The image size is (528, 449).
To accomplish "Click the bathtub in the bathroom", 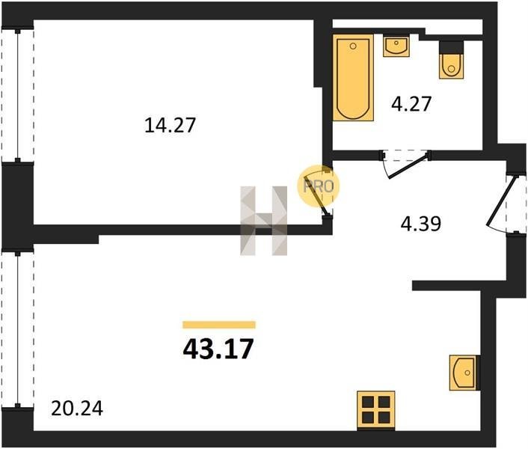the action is point(353,78).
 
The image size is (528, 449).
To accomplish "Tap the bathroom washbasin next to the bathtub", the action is point(396,46).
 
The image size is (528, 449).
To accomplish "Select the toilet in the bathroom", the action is point(451,66).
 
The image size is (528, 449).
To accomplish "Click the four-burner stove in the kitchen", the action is point(376,409).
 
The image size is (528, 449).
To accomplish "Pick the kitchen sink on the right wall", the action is point(464,373).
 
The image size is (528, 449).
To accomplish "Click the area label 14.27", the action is point(170,125).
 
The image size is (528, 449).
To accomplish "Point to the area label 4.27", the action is point(411,104).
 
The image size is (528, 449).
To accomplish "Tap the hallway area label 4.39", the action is point(420,224).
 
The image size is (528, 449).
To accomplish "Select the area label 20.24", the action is point(77,409).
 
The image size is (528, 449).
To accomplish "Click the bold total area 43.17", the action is point(218,349).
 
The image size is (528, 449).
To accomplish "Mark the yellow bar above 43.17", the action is point(219,325).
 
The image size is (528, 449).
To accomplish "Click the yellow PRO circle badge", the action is point(318,186).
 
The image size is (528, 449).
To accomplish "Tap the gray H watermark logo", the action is point(264,221).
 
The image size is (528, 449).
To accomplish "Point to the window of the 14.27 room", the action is point(17,95).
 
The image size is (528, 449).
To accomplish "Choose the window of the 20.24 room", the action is point(17,330).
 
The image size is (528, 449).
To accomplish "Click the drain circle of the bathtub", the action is point(353,46).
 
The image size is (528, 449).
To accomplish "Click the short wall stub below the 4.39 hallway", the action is point(446,285).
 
